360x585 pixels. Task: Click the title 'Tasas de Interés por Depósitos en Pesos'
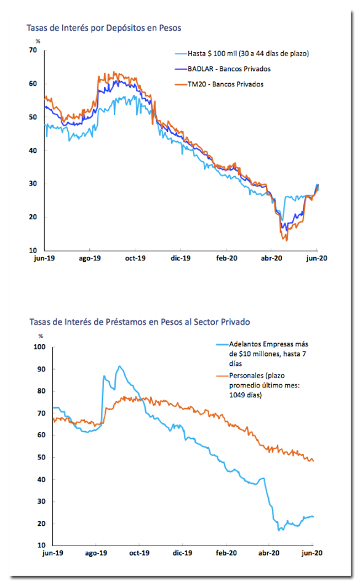pyautogui.click(x=103, y=28)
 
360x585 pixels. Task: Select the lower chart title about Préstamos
pyautogui.click(x=140, y=322)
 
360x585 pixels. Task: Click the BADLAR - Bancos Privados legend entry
pyautogui.click(x=223, y=69)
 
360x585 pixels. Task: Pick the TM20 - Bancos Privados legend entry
pyautogui.click(x=219, y=84)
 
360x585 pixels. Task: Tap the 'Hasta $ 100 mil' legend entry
pyautogui.click(x=242, y=54)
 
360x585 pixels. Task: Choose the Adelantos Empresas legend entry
pyautogui.click(x=262, y=353)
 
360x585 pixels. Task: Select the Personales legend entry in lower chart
pyautogui.click(x=258, y=385)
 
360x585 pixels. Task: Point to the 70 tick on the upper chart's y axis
pyautogui.click(x=33, y=50)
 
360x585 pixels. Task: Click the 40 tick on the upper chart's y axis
pyautogui.click(x=33, y=150)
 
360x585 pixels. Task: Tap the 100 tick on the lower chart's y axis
pyautogui.click(x=39, y=347)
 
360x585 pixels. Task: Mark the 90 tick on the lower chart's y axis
pyautogui.click(x=41, y=369)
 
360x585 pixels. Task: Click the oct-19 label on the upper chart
pyautogui.click(x=135, y=258)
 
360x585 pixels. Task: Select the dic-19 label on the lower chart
pyautogui.click(x=183, y=553)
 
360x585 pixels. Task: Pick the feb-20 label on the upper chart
pyautogui.click(x=226, y=258)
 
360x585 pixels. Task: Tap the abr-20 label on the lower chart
pyautogui.click(x=269, y=553)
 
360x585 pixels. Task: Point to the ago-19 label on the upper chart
pyautogui.click(x=90, y=258)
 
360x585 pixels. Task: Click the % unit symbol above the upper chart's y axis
pyautogui.click(x=38, y=41)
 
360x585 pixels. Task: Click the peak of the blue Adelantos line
pyautogui.click(x=119, y=366)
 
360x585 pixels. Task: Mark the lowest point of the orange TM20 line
pyautogui.click(x=287, y=241)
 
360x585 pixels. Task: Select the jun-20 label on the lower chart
pyautogui.click(x=312, y=553)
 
